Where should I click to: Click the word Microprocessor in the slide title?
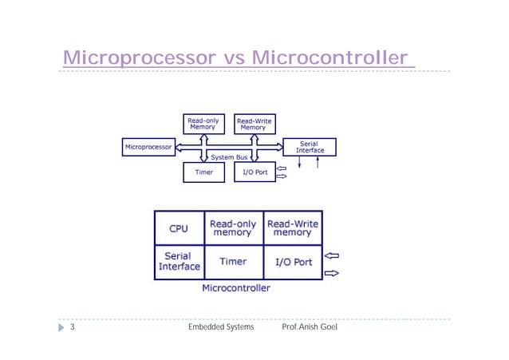(136, 58)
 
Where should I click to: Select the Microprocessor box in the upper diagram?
(148, 147)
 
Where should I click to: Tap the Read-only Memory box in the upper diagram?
(203, 124)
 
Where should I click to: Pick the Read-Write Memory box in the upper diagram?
(254, 124)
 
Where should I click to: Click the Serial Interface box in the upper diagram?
(309, 147)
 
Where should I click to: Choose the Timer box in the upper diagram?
(203, 172)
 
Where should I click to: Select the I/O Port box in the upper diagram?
(254, 172)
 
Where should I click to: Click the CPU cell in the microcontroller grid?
(179, 228)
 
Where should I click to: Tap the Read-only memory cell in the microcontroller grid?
(233, 228)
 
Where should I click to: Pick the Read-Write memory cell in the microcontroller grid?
(292, 228)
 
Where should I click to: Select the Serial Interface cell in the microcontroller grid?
(179, 262)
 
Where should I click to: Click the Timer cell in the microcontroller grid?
(233, 262)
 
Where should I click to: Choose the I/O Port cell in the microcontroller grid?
(292, 262)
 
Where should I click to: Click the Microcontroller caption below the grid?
(236, 287)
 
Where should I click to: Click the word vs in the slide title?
(231, 58)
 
